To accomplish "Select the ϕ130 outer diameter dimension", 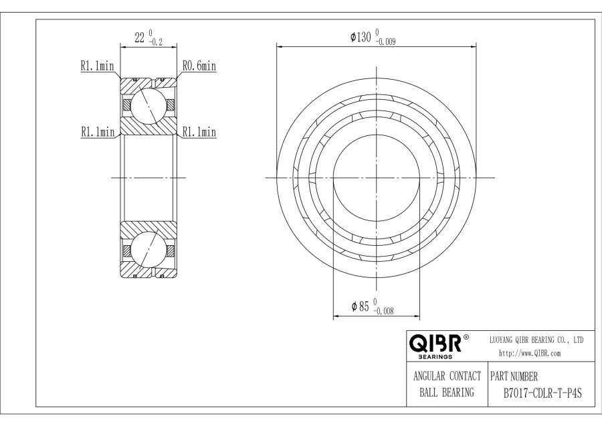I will pos(361,37).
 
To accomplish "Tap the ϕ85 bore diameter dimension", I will pos(361,306).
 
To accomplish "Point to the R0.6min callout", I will pos(199,66).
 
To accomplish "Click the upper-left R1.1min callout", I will pos(97,66).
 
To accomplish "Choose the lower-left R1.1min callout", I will pos(97,132).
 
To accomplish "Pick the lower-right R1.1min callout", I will pos(199,132).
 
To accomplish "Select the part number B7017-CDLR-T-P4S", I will pos(542,393).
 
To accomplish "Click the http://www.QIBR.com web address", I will pos(530,353).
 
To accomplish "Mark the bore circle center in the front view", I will pos(377,177).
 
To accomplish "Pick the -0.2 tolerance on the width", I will pos(157,42).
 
